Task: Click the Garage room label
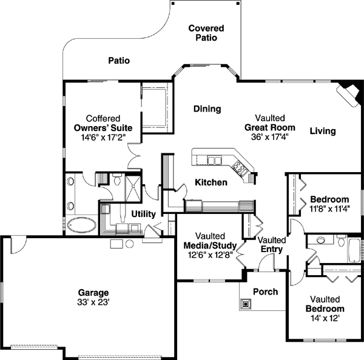93,292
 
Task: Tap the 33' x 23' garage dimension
93,301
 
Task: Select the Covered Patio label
206,33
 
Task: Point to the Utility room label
144,215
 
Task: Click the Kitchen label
211,182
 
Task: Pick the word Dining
207,109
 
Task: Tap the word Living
322,131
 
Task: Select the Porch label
265,292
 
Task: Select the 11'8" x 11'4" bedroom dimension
329,210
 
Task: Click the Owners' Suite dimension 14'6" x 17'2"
103,138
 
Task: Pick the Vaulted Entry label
272,245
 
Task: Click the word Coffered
103,119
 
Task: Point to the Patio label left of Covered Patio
119,61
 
